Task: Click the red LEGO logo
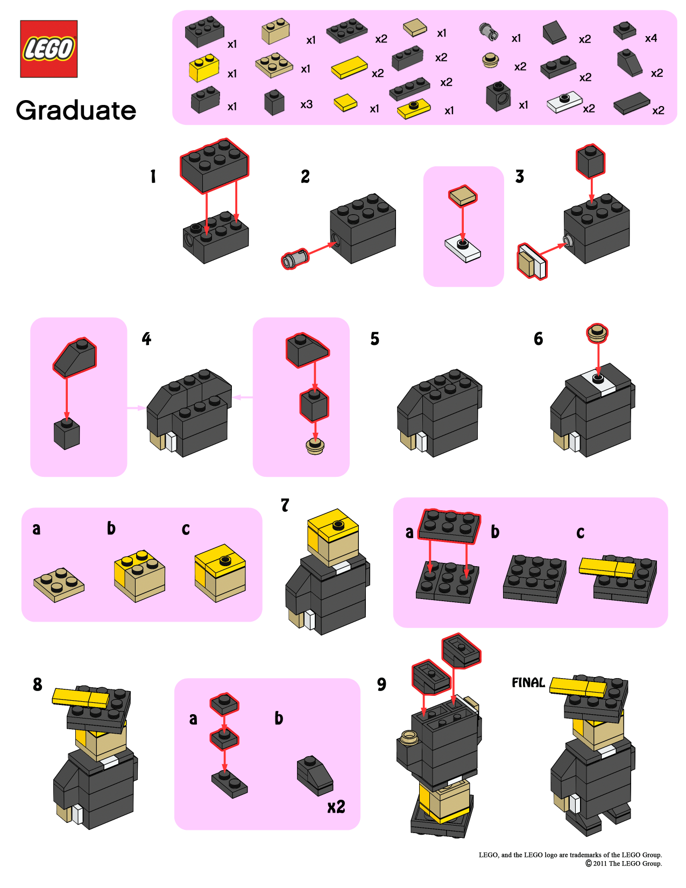click(48, 49)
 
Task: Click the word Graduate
click(76, 110)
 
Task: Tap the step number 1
click(153, 176)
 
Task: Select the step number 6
click(538, 339)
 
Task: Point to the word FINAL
click(528, 682)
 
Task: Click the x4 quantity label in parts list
click(650, 38)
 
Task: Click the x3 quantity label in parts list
click(306, 104)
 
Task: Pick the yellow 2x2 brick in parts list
click(204, 68)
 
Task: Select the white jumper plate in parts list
click(564, 102)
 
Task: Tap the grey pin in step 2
click(295, 259)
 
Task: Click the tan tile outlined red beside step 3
click(463, 196)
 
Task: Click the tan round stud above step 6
click(597, 333)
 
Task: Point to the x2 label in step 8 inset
click(336, 806)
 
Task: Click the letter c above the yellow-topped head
click(186, 529)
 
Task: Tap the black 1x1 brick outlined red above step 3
click(590, 161)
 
